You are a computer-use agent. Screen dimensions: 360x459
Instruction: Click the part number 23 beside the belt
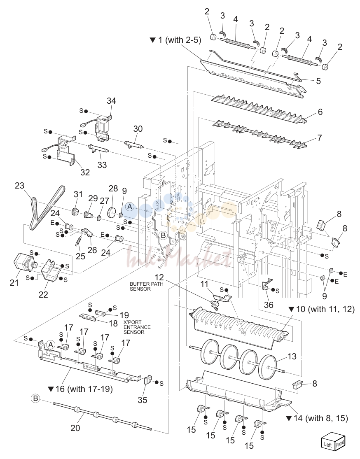point(20,186)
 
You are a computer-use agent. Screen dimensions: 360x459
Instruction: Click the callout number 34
point(111,101)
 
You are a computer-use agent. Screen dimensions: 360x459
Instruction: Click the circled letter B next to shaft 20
point(35,398)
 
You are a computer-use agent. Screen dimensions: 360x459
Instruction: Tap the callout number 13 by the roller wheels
point(292,356)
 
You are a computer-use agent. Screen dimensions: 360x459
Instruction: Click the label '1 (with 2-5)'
point(175,40)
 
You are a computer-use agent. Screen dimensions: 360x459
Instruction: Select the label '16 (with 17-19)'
point(80,389)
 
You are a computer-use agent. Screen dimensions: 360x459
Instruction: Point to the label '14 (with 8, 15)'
point(317,418)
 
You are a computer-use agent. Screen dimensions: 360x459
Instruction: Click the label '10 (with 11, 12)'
point(321,309)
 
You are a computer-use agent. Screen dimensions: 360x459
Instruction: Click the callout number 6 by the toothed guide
point(320,112)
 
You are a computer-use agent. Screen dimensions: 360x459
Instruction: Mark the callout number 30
point(138,129)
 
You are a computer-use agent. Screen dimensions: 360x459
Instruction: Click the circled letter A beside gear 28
point(130,207)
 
